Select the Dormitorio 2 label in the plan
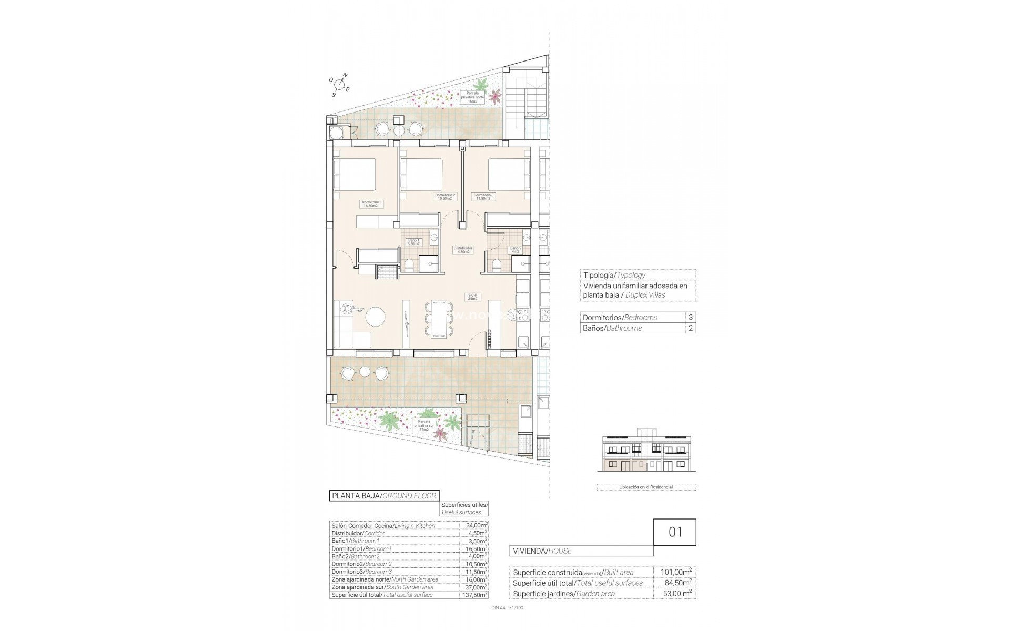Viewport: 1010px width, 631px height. coord(445,197)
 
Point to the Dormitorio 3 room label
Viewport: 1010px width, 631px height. coord(483,197)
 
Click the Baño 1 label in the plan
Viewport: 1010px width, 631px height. coord(413,242)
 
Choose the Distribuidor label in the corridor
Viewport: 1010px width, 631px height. coord(463,250)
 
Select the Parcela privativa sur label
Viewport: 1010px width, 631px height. coord(425,425)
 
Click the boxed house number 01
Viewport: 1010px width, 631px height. coord(675,532)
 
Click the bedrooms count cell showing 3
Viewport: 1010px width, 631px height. coord(690,318)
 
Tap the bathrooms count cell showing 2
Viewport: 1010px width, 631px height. coord(690,328)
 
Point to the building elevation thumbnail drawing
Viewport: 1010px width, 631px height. coord(647,456)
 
